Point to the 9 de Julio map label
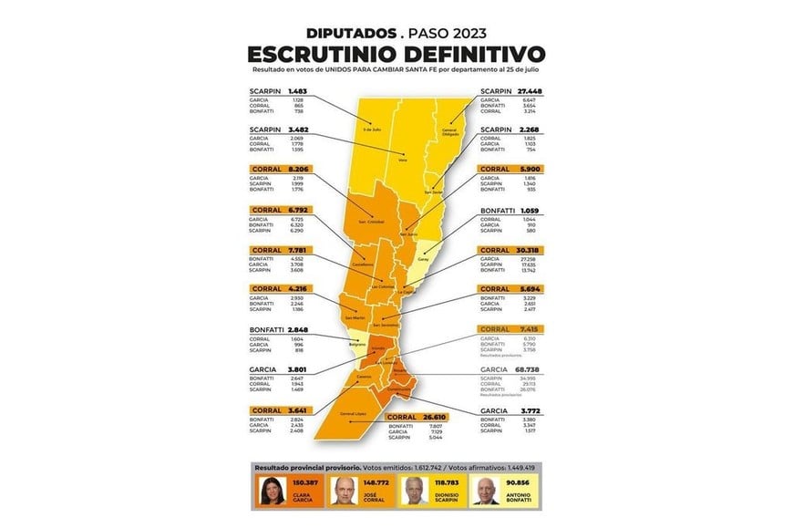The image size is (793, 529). click(369, 130)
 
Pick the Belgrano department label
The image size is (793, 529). click(356, 344)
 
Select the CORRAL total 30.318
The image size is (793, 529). click(530, 250)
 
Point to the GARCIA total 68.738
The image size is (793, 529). click(530, 370)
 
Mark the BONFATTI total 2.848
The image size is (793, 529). click(302, 330)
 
